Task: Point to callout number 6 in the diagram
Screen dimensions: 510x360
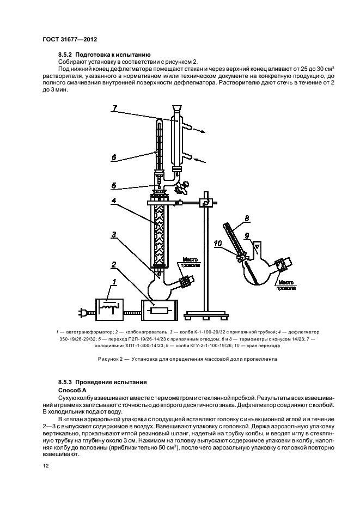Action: point(113,157)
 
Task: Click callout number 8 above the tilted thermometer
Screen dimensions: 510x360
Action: point(247,217)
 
